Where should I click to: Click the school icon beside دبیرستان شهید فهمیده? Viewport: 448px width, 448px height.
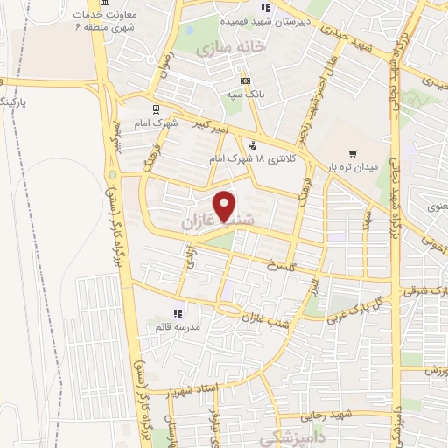click(267, 10)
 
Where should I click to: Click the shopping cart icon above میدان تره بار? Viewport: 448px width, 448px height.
click(353, 151)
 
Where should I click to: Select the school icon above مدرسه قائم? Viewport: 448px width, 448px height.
click(178, 312)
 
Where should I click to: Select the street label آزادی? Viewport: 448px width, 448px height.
click(188, 256)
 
